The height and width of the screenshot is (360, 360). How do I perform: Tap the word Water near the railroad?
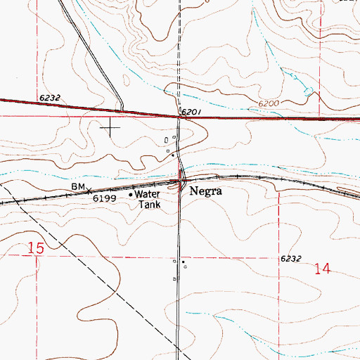(148, 194)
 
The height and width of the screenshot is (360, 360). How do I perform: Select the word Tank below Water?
(150, 205)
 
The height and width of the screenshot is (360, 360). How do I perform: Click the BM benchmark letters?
(77, 186)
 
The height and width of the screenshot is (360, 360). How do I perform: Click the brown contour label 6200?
(268, 103)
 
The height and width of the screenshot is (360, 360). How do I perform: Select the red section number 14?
(323, 269)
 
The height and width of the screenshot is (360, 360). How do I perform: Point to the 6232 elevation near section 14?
(290, 259)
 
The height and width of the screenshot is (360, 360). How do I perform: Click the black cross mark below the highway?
(111, 127)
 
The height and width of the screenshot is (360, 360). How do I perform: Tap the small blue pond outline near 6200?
(307, 90)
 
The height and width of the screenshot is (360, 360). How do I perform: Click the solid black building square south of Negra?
(183, 263)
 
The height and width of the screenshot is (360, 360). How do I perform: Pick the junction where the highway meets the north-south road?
(179, 116)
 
